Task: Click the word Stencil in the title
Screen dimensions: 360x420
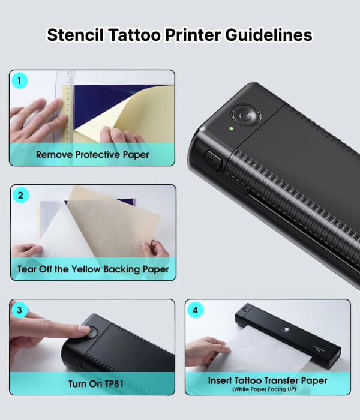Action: (75, 35)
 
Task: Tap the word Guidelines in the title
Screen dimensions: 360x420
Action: (269, 35)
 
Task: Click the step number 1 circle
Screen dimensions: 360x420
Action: (19, 80)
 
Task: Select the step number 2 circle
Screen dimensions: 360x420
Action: (20, 195)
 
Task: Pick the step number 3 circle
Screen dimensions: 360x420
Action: (19, 310)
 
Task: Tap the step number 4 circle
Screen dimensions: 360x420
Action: (195, 310)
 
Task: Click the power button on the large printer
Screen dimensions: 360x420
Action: (245, 115)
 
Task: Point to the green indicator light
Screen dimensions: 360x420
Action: (231, 128)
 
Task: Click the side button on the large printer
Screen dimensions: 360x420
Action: (213, 160)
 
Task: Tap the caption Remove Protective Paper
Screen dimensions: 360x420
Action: (92, 155)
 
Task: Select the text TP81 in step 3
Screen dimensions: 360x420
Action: (114, 384)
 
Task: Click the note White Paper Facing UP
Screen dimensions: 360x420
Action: (265, 389)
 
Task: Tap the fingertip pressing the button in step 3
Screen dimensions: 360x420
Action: (85, 329)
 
